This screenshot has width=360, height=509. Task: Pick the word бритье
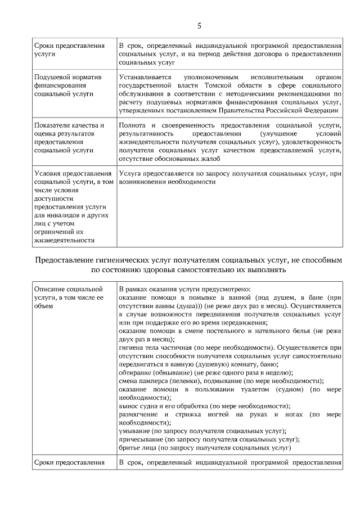point(130,448)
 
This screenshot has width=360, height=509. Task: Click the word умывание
point(135,431)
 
